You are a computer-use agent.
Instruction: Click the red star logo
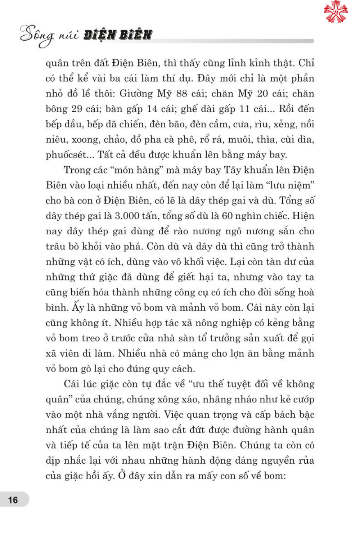click(336, 12)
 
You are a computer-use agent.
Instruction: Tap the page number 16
click(13, 500)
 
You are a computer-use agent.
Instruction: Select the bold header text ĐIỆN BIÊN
click(118, 35)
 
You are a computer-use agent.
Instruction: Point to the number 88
click(181, 94)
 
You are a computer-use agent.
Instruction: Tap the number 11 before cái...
click(244, 109)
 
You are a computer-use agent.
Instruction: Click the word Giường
click(136, 94)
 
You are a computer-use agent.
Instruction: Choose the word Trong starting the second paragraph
click(77, 170)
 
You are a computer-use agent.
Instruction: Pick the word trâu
click(56, 246)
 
